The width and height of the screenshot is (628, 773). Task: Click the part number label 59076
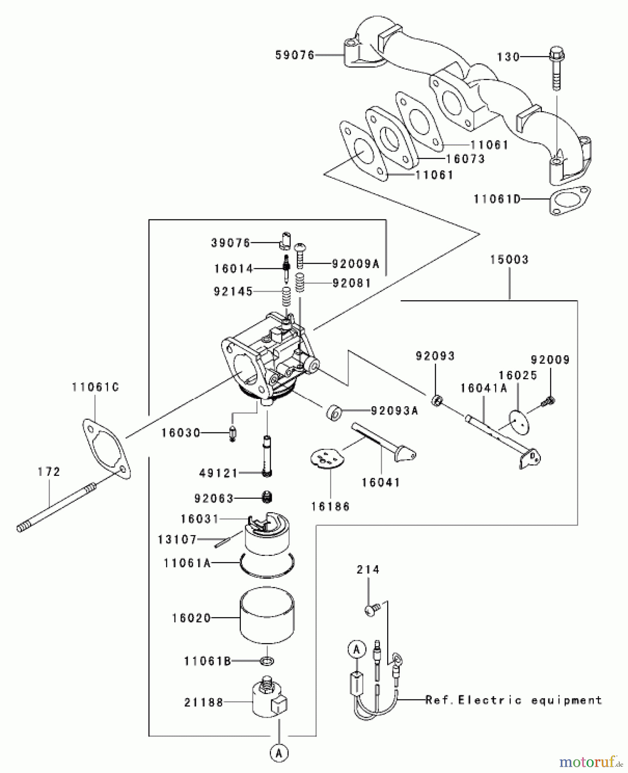tap(295, 55)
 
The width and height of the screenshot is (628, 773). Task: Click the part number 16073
tap(466, 159)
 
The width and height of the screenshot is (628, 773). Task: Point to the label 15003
tap(510, 259)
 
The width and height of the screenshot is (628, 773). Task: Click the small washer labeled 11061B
tap(267, 660)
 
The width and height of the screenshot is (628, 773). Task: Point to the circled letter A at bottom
tap(279, 752)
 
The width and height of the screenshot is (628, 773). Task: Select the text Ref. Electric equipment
tap(514, 700)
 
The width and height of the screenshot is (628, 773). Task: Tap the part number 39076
tap(231, 243)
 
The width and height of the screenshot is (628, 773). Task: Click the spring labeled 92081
tap(300, 282)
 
